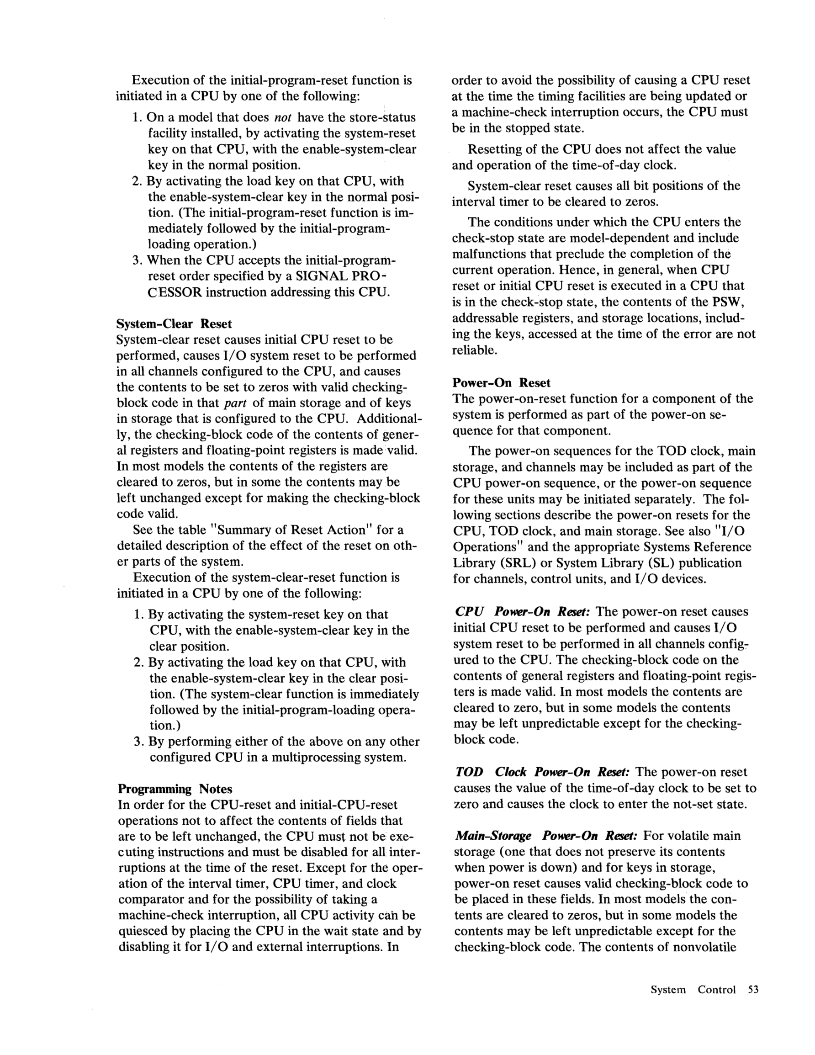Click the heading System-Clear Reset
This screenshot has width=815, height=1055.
pos(174,323)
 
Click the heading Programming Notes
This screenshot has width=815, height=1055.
pos(175,789)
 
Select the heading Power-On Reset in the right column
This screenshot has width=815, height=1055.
pos(502,382)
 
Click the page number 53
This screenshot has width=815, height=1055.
pos(753,989)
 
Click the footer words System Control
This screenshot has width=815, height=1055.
pos(693,989)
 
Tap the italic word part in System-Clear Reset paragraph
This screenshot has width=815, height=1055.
pos(236,403)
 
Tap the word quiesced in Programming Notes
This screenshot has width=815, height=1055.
pos(143,931)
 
